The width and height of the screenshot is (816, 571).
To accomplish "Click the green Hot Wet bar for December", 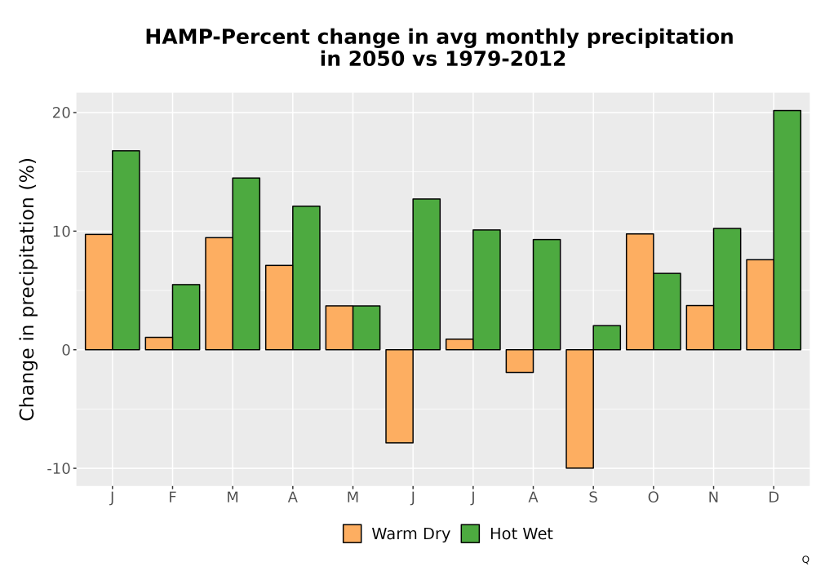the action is tap(787, 230).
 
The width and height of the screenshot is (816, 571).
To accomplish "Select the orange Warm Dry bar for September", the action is tap(579, 409).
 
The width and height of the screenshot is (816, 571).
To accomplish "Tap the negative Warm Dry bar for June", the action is tap(399, 396).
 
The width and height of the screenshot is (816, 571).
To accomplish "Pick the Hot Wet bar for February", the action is tap(186, 316).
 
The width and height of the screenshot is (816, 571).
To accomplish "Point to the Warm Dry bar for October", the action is tap(640, 292).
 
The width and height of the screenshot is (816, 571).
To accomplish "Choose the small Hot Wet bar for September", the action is tap(607, 338).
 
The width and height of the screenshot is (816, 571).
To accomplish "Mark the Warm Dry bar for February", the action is tap(159, 343).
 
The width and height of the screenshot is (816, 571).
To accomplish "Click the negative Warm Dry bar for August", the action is tap(519, 361).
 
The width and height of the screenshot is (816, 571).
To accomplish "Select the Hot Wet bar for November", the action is tap(727, 289).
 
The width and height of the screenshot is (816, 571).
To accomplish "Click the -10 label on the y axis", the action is tap(58, 468).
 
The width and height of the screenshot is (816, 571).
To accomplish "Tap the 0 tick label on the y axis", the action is tap(65, 350).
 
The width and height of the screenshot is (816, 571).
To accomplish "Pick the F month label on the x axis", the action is tap(172, 498).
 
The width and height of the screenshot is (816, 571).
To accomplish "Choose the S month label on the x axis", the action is tap(593, 498).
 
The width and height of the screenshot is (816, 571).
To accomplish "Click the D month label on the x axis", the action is tap(774, 498).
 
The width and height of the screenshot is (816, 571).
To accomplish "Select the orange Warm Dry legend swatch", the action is tap(353, 533).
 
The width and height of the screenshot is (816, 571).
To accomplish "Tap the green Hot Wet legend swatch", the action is tap(471, 533).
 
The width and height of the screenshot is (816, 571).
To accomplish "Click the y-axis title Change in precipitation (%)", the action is tap(27, 289).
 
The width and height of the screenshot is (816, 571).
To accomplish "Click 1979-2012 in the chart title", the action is tap(505, 59).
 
